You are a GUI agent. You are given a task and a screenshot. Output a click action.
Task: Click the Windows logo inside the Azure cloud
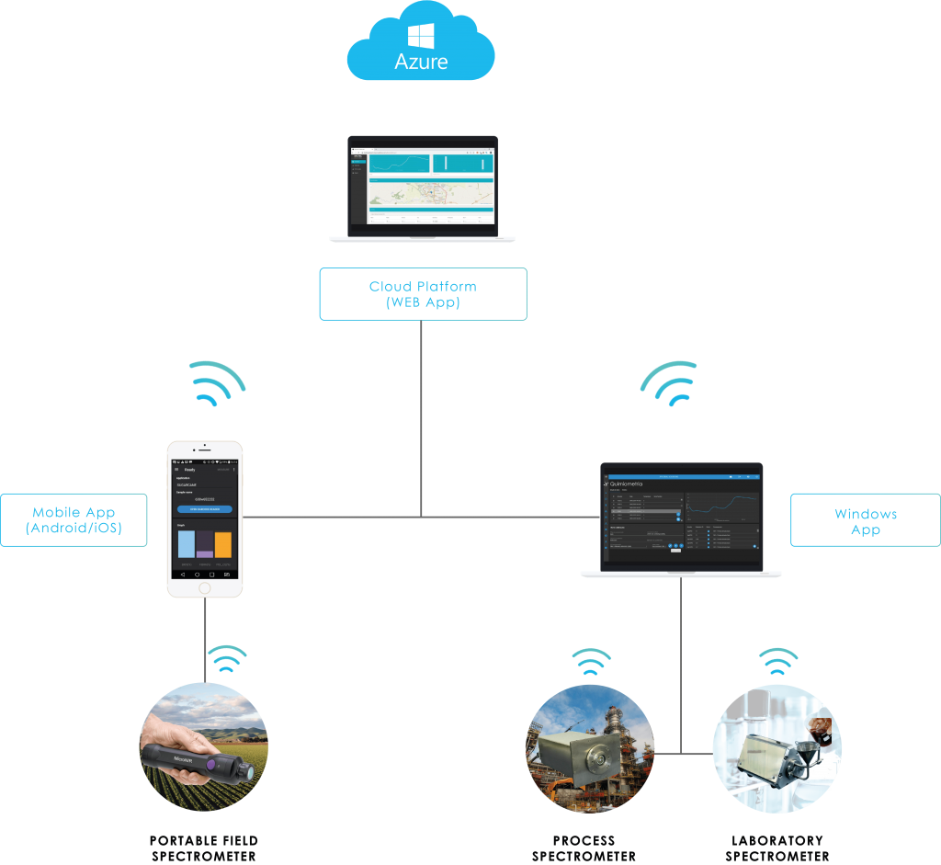(422, 37)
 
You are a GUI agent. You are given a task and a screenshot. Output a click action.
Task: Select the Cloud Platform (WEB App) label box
(423, 293)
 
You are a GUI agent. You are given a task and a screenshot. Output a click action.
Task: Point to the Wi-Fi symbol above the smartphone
(216, 383)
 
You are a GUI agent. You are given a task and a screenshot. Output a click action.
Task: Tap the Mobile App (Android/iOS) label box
(74, 520)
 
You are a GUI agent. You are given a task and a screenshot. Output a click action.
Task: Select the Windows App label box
(865, 520)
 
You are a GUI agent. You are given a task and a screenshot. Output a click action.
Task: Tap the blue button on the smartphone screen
(204, 508)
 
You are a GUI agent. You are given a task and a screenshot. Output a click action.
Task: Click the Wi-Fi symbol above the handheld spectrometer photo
(226, 659)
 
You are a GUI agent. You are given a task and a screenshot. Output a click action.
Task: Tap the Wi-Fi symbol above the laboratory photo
(777, 662)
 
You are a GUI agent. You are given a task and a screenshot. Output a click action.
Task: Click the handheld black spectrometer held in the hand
(195, 759)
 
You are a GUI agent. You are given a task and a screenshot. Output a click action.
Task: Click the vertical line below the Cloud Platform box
(422, 414)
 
